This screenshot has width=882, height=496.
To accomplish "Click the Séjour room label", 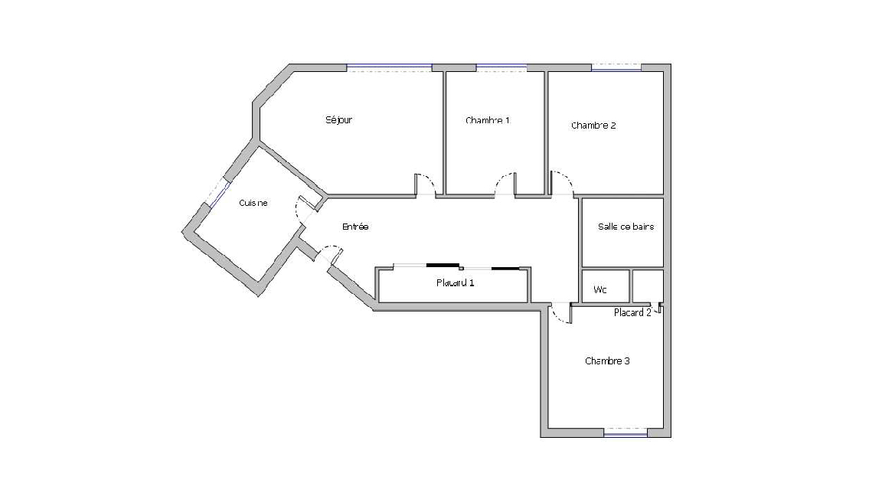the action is point(338,119).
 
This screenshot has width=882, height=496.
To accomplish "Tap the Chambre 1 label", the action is point(488,120).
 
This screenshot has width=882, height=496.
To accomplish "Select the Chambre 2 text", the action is point(593,126).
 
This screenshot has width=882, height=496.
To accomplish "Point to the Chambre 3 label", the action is point(607,361).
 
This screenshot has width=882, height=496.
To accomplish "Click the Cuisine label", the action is point(253,203).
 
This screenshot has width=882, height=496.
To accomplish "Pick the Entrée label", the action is point(355,227).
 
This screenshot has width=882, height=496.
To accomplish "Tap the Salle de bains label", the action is point(626,227).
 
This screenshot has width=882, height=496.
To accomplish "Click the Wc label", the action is point(600,290).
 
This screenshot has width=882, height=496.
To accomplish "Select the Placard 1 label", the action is point(455,283).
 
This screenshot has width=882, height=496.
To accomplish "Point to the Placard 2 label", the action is point(632,312).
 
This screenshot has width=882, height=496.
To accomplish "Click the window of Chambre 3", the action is point(626,432).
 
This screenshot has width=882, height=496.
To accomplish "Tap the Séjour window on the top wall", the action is point(389,68).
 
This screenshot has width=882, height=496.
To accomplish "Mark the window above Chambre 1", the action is point(501,68).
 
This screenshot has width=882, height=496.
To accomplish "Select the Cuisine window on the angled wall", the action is point(218,194).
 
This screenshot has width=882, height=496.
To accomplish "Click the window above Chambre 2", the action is point(616,68).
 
